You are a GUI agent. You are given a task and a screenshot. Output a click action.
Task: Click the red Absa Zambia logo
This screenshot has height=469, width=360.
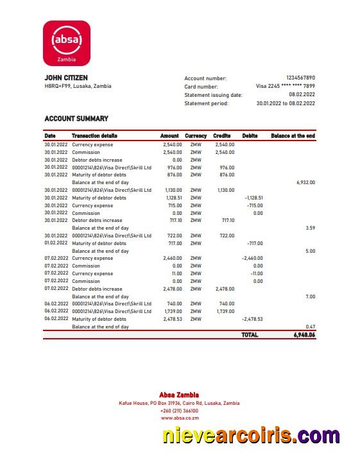tap(67, 42)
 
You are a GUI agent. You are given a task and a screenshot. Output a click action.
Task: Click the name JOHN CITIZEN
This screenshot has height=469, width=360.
tap(66, 78)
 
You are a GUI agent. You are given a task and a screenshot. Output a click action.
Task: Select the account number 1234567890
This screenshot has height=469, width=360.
tap(300, 78)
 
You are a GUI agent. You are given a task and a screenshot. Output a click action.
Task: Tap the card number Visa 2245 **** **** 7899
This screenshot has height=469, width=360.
tap(286, 86)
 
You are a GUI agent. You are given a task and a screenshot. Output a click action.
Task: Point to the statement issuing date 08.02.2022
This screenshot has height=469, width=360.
tap(302, 94)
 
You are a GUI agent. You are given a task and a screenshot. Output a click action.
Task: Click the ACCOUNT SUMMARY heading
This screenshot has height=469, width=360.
tap(76, 119)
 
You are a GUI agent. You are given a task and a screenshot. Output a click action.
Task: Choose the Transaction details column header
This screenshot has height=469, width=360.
tap(94, 136)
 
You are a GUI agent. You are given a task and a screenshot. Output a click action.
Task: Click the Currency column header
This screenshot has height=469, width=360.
tap(196, 136)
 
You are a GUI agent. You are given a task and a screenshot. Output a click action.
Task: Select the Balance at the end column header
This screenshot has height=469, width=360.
tap(293, 136)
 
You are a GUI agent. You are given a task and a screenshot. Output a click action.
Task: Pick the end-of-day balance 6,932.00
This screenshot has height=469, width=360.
tap(305, 182)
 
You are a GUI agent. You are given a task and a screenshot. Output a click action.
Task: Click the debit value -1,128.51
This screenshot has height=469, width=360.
tap(254, 198)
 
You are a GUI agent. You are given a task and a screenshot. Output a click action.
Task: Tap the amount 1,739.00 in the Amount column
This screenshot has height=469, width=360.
tap(172, 311)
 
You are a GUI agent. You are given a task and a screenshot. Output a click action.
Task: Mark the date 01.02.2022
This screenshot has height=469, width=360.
tap(56, 243)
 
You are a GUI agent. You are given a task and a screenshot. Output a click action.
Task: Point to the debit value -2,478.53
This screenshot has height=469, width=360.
tap(252, 319)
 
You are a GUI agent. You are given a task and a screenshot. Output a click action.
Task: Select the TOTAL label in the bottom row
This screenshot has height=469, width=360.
tap(250, 335)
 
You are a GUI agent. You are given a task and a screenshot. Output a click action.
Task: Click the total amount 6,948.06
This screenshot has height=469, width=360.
tap(300, 335)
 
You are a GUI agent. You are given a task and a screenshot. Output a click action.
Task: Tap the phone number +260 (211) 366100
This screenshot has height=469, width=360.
tap(179, 411)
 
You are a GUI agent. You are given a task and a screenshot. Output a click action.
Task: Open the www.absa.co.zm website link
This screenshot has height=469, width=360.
tap(180, 418)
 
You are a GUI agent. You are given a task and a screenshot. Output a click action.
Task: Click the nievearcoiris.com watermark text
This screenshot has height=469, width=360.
tap(251, 436)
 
